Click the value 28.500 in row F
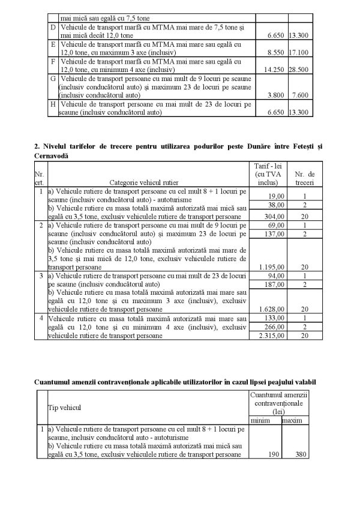pyautogui.click(x=299, y=70)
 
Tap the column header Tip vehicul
pyautogui.click(x=64, y=408)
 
